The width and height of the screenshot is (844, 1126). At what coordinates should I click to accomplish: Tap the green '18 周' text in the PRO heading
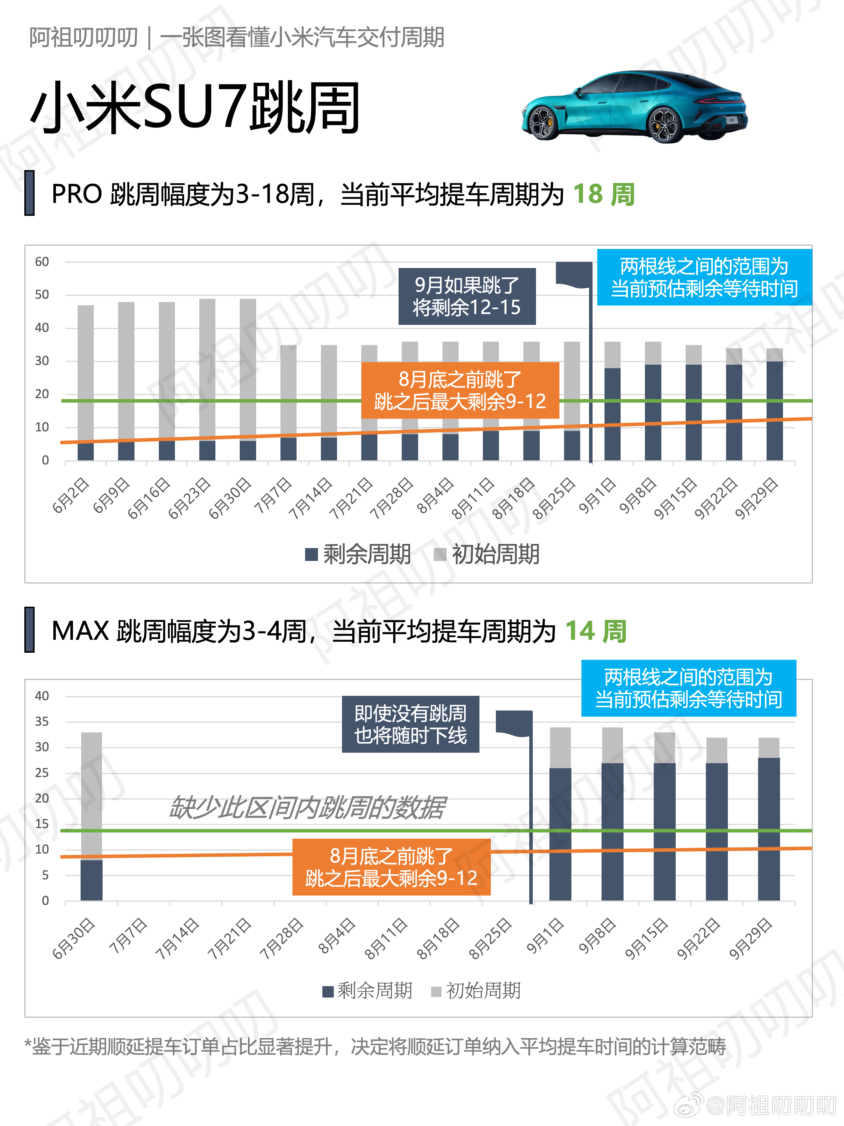tap(604, 194)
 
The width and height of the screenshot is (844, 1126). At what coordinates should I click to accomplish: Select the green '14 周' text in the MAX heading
tap(596, 631)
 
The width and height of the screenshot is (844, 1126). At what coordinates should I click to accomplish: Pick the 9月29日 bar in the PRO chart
tap(774, 405)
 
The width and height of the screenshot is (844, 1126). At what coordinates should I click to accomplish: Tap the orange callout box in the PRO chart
tap(460, 391)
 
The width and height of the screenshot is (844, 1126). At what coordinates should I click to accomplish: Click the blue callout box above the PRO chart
tap(704, 277)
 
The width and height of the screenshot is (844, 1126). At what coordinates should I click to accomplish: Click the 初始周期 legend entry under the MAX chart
tap(476, 991)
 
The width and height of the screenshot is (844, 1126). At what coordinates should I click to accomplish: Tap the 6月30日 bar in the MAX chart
tap(91, 817)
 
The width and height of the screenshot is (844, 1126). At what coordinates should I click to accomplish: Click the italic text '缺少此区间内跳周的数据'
tap(307, 808)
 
